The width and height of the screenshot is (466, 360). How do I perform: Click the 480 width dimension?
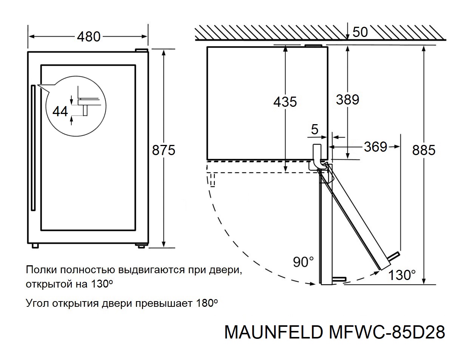pyautogui.click(x=89, y=37)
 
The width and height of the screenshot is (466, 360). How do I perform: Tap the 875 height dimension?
pyautogui.click(x=164, y=150)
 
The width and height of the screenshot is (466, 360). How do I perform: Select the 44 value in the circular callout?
pyautogui.click(x=60, y=111)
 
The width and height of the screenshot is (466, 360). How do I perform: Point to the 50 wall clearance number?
pyautogui.click(x=360, y=32)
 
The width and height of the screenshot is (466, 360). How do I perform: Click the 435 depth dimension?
pyautogui.click(x=285, y=102)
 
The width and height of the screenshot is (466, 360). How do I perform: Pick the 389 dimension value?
pyautogui.click(x=347, y=100)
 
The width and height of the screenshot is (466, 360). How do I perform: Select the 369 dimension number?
pyautogui.click(x=375, y=147)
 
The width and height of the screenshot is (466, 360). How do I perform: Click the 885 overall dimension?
pyautogui.click(x=424, y=150)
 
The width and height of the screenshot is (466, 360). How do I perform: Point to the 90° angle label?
pyautogui.click(x=303, y=262)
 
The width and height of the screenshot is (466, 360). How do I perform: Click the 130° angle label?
pyautogui.click(x=402, y=275)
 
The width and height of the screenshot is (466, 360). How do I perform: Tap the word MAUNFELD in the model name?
pyautogui.click(x=273, y=332)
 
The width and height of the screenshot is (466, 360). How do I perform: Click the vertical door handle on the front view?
pyautogui.click(x=33, y=149)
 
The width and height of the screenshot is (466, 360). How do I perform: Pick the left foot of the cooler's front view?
pyautogui.click(x=35, y=246)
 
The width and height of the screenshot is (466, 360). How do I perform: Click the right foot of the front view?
pyautogui.click(x=142, y=245)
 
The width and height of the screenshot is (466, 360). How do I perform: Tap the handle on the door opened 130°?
pyautogui.click(x=393, y=257)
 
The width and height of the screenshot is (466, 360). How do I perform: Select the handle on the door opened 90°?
pyautogui.click(x=339, y=279)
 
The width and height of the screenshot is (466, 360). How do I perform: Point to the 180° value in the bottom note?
pyautogui.click(x=207, y=303)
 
